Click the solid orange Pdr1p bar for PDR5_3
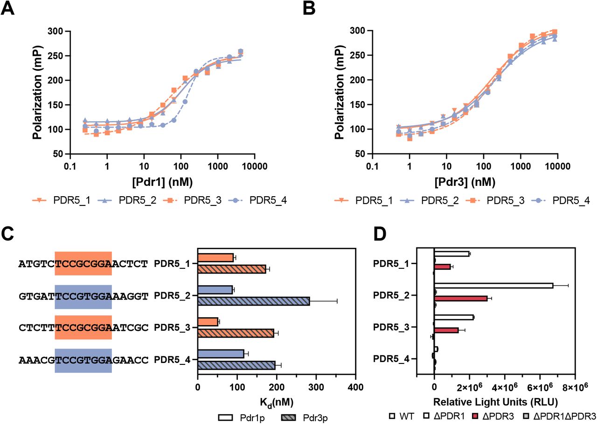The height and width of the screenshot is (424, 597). (x=208, y=322)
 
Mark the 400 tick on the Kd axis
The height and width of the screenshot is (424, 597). (x=355, y=387)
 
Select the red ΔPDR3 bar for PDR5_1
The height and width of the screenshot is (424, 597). (x=442, y=267)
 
